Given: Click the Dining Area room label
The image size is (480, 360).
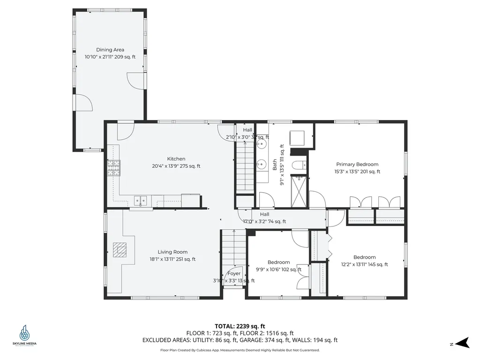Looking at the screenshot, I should pos(110,50).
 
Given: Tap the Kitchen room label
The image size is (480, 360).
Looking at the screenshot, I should pos(176,159).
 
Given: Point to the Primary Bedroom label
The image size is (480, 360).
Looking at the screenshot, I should pos(357,165).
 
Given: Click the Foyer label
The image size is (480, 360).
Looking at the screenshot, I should pos(234,274).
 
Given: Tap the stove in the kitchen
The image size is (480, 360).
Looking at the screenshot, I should pos(114,168).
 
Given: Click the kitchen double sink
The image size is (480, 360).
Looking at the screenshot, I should pos(140,201).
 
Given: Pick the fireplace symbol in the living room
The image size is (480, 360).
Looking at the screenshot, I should pos(120,250).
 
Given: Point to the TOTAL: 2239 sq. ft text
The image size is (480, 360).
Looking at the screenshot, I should pos(240,326).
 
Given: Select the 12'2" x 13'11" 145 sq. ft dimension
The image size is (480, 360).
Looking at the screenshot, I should pos(365,264).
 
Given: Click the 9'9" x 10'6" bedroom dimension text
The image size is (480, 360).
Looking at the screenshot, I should pos(278,270).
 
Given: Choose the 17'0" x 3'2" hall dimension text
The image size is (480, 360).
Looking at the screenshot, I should pos(264,222).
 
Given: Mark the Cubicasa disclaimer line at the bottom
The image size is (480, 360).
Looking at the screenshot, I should pos(240,350).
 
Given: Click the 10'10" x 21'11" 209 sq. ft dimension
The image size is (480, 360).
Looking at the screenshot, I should pos(110,57).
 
